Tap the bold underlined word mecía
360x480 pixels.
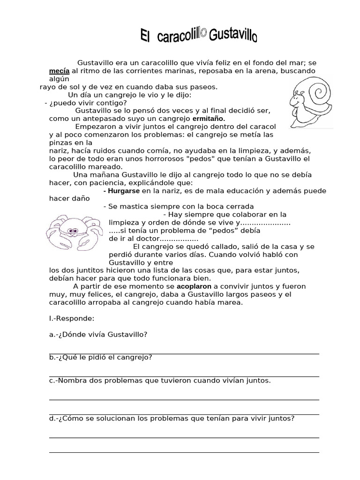click(59, 71)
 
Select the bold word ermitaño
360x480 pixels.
click(209, 119)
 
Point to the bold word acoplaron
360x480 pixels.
click(194, 286)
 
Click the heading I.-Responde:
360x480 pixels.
click(72, 318)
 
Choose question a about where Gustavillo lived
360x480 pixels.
click(98, 334)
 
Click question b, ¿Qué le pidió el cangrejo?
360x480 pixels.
click(100, 358)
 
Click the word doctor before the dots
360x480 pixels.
click(142, 238)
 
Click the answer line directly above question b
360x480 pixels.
click(184, 353)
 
